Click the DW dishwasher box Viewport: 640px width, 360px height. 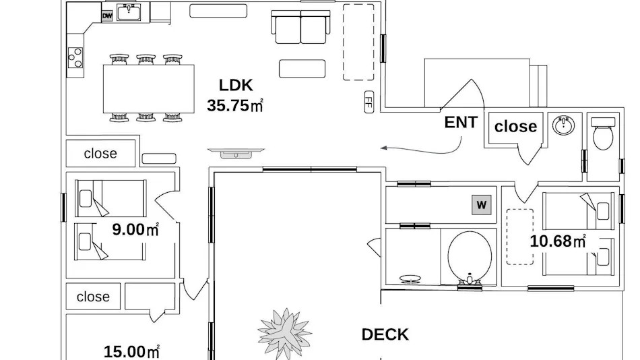[107, 16]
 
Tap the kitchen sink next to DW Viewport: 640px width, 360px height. [129, 12]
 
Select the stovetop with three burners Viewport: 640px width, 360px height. [75, 57]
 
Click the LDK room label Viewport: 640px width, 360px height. [236, 85]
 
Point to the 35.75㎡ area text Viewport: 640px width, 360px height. [234, 105]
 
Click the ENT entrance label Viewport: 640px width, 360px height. [461, 122]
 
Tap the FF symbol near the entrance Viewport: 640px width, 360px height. [369, 102]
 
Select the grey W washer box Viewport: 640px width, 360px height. [482, 205]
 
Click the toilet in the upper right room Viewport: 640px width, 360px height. [603, 133]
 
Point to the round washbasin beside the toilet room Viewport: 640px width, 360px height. [564, 125]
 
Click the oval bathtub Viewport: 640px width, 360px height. [470, 258]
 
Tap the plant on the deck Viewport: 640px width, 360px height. [285, 332]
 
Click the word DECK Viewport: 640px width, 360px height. [385, 334]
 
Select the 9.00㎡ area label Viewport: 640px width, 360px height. [135, 230]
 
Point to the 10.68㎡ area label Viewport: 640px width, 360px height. [558, 241]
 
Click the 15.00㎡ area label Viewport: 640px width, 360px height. [131, 351]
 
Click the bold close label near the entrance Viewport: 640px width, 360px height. [515, 126]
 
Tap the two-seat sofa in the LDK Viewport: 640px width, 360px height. [301, 27]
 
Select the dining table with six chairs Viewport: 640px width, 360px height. [149, 88]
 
